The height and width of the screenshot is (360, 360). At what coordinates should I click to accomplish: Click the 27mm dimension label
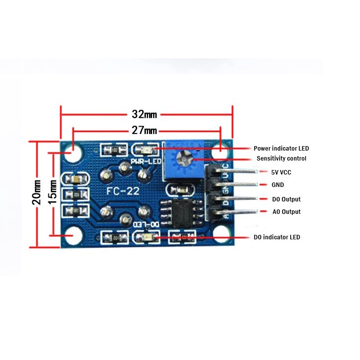tap(145, 131)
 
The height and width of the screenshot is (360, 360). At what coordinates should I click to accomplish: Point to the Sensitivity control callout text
tap(281, 159)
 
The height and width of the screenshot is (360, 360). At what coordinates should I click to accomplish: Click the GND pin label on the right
tap(278, 184)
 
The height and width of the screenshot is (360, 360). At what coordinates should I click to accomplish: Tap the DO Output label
tap(286, 199)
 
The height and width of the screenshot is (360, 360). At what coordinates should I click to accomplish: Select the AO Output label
tap(286, 212)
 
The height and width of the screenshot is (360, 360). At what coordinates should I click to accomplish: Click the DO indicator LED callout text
tap(277, 237)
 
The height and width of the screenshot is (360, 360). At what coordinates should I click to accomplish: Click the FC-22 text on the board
tap(123, 191)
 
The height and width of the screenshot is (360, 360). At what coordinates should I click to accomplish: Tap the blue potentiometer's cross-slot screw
tap(182, 159)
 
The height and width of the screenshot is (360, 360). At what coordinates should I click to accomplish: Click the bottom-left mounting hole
tap(74, 234)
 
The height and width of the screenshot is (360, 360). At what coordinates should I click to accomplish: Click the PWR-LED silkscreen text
tap(145, 162)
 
